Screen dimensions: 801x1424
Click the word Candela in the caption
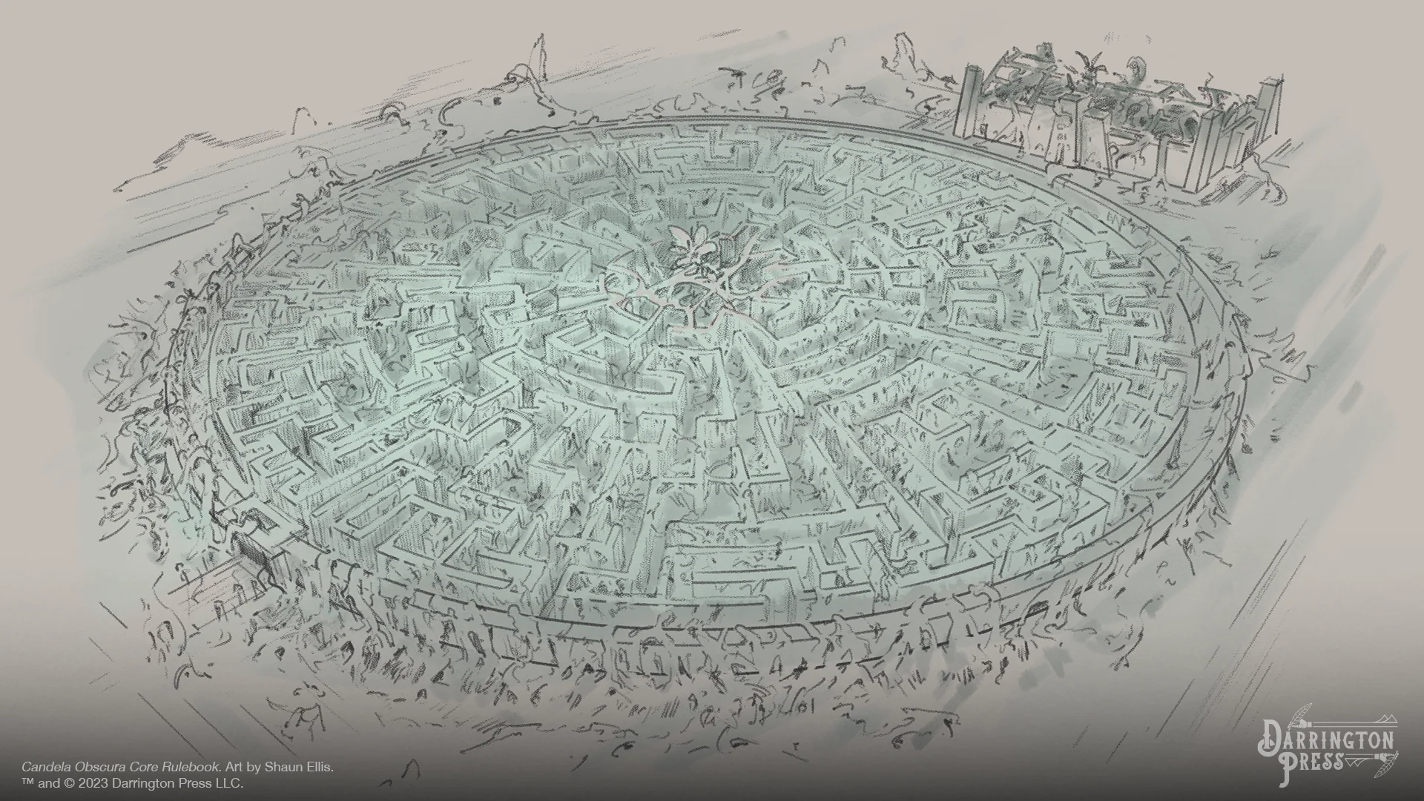[x=42, y=768]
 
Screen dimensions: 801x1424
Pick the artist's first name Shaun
[x=280, y=768]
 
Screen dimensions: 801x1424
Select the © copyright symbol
[x=72, y=783]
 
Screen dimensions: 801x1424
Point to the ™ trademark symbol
[x=28, y=783]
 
